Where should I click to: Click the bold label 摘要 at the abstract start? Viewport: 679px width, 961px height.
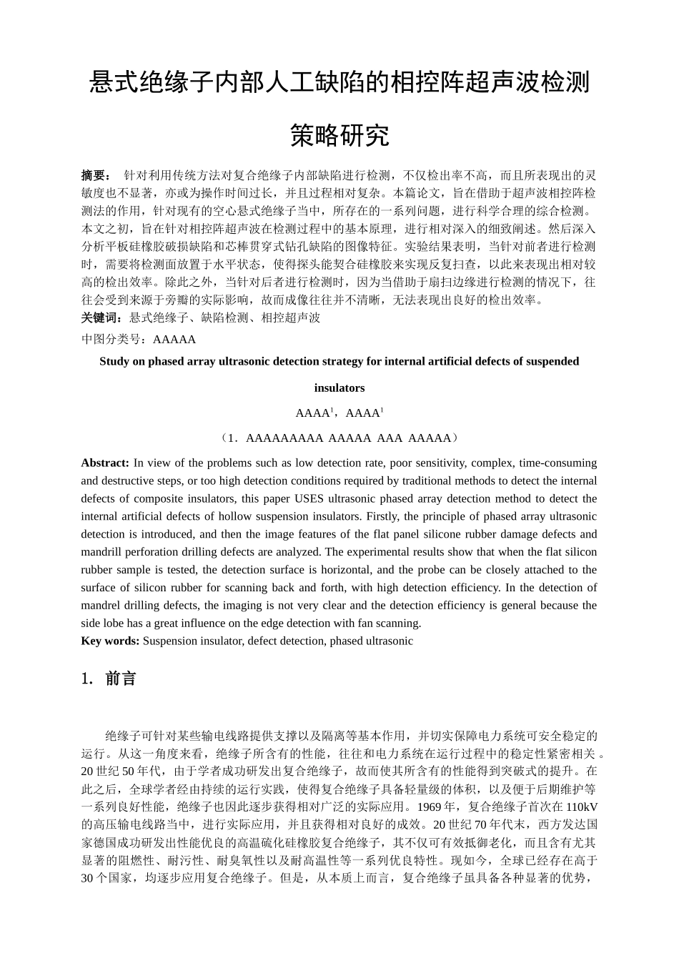[x=96, y=175]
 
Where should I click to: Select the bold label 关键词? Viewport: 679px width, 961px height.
[x=101, y=317]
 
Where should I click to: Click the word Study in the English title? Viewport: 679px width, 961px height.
[x=114, y=361]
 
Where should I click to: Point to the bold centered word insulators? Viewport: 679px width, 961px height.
[x=339, y=388]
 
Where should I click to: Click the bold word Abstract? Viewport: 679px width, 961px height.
[x=105, y=463]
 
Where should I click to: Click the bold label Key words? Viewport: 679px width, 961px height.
[x=110, y=641]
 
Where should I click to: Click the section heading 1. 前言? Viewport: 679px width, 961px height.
[x=109, y=679]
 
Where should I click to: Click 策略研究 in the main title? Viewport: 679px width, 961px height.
[x=339, y=134]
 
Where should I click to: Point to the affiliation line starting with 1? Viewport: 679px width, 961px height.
[x=339, y=438]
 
